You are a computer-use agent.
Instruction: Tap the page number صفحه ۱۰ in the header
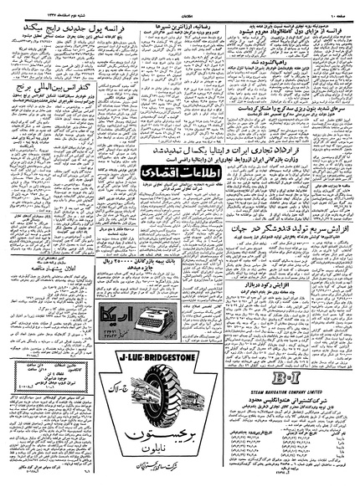click(x=337, y=9)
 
